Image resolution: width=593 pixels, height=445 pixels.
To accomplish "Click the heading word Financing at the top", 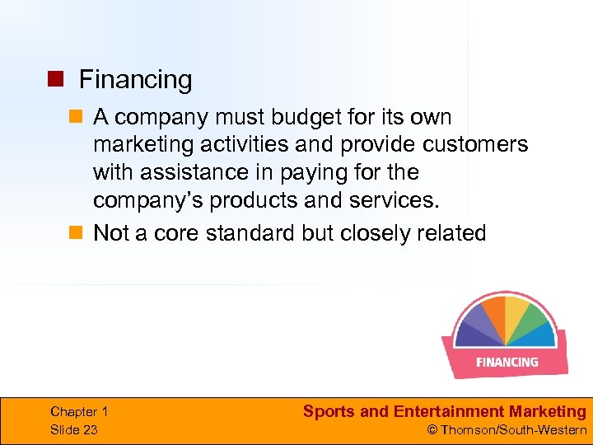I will pos(135,80).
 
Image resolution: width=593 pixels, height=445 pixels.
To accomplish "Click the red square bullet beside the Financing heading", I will pos(54,80).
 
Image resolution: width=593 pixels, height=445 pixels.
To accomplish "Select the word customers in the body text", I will pos(475,145).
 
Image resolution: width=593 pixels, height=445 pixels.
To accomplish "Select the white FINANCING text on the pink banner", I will pos(507,362).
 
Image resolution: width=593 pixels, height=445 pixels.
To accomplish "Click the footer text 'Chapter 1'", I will pos(79,412).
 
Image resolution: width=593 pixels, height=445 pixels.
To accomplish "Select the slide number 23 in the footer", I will pos(90,430).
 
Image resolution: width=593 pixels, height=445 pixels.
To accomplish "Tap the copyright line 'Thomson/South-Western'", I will pos(513,430).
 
